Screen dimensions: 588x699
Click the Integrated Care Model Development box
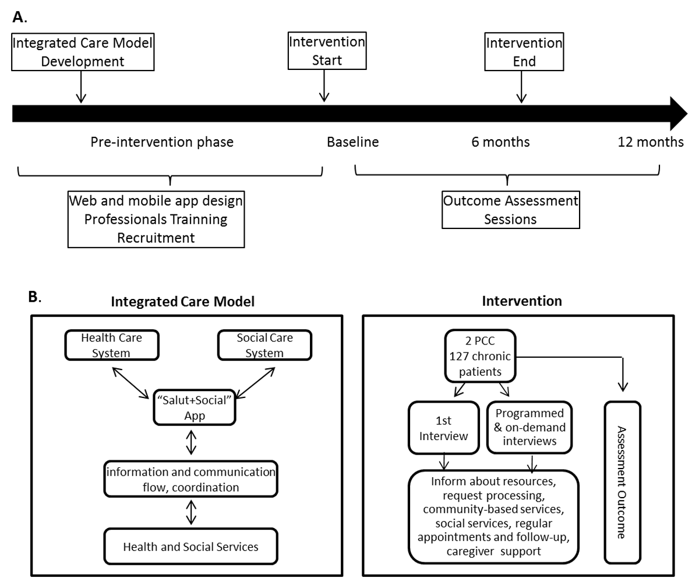[83, 52]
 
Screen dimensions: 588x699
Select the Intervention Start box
[327, 51]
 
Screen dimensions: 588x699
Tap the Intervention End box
[524, 52]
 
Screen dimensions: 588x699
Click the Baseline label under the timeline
[352, 142]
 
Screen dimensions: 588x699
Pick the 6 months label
[500, 142]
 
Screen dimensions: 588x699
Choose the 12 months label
[650, 142]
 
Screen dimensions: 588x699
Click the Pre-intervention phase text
[162, 142]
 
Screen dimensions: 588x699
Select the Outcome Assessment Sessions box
[510, 210]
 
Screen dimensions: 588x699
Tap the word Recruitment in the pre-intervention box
[156, 238]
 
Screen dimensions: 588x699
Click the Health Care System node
[111, 345]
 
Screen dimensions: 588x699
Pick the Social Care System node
[264, 345]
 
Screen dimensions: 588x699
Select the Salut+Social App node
[194, 407]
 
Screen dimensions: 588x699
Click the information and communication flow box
[190, 479]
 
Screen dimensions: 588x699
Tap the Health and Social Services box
[190, 547]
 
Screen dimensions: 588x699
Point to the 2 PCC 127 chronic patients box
[481, 355]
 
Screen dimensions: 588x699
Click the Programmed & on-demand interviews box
[529, 427]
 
